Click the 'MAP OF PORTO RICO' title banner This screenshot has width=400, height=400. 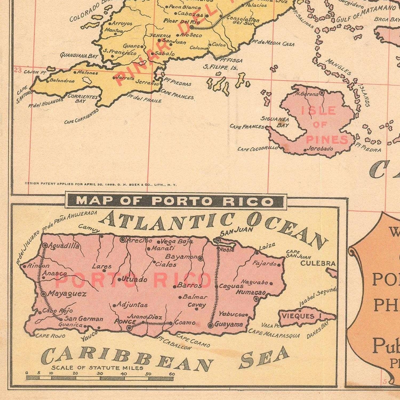(x=175, y=201)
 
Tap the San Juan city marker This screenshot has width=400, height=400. (x=218, y=241)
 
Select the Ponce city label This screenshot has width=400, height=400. (x=121, y=322)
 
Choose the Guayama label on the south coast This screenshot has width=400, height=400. (x=229, y=325)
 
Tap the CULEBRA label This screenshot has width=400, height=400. (x=318, y=263)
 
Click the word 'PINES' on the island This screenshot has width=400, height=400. (x=327, y=139)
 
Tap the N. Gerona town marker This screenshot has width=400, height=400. (x=322, y=93)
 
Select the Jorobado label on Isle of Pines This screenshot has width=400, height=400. (x=320, y=149)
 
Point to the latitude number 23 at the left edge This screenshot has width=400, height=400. (x=18, y=70)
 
